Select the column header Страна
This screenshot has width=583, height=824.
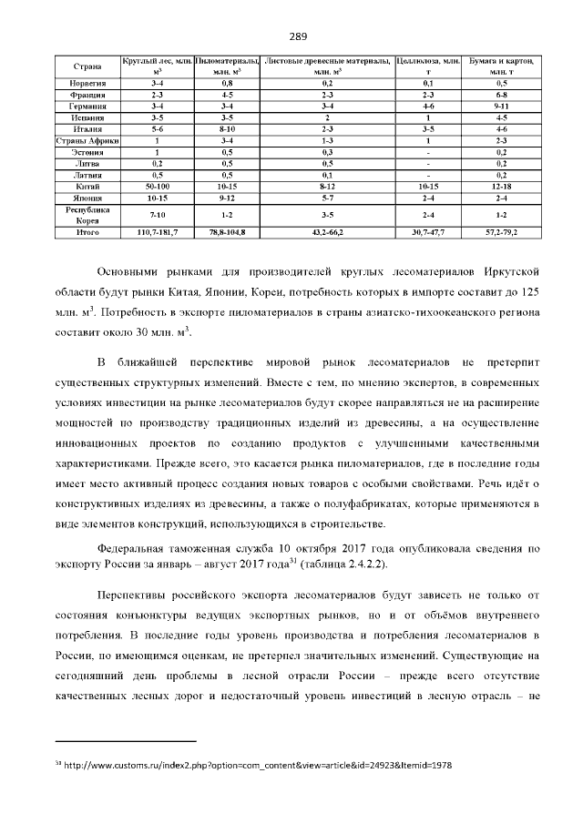tap(87, 66)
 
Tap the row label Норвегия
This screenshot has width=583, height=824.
tap(87, 83)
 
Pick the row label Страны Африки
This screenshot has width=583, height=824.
tap(87, 140)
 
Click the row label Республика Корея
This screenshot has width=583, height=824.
tap(87, 215)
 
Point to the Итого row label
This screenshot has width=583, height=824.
tap(87, 234)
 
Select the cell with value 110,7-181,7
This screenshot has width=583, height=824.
tap(157, 234)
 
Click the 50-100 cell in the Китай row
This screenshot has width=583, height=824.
tap(157, 185)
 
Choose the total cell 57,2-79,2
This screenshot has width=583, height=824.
tap(501, 234)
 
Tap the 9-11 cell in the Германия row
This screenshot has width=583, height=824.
tap(501, 107)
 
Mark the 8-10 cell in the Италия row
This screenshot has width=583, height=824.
tap(227, 129)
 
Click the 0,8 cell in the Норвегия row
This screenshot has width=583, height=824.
tap(227, 83)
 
